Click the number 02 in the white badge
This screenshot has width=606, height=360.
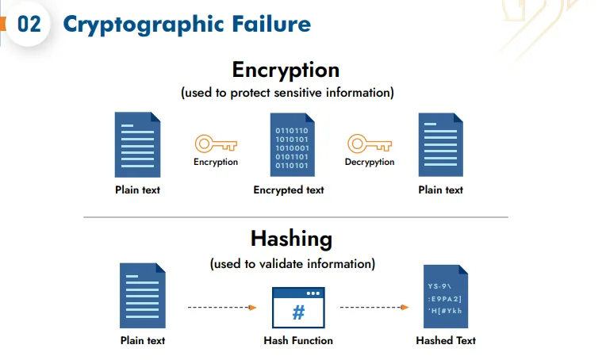click(x=29, y=24)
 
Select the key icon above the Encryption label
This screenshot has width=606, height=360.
click(x=216, y=144)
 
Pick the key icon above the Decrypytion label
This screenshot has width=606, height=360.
click(x=370, y=144)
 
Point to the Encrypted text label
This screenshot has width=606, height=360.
click(x=289, y=190)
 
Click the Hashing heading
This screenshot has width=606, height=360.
click(x=291, y=238)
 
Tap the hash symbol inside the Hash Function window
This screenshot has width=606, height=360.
click(x=298, y=312)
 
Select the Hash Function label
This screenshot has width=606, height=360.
click(x=298, y=341)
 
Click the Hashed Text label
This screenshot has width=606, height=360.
click(x=446, y=341)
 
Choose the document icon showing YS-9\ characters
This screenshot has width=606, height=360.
click(x=444, y=298)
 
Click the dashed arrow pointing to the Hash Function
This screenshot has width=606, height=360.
click(x=222, y=307)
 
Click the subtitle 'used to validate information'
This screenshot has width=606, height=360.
click(x=293, y=263)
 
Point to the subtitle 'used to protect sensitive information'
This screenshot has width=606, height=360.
click(x=287, y=93)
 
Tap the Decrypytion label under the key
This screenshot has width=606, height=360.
click(x=370, y=163)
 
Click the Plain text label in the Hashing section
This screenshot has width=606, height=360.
click(x=143, y=341)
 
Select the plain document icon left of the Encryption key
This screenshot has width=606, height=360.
click(x=138, y=144)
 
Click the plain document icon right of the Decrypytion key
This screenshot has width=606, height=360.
click(x=441, y=144)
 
